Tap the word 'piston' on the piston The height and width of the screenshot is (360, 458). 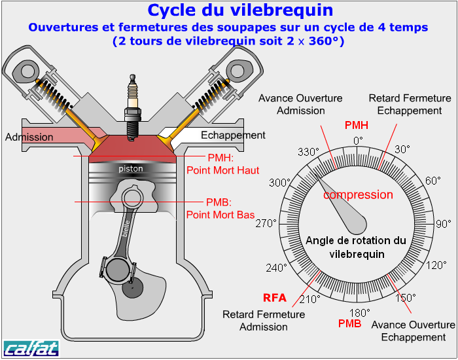[131, 169]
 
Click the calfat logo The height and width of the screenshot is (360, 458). [31, 348]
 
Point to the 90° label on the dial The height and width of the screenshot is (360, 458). [443, 224]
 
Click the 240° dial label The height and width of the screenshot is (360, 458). [277, 267]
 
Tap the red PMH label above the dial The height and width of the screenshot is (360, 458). [356, 126]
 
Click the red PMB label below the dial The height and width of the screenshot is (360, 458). [349, 323]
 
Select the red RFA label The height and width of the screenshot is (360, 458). [275, 298]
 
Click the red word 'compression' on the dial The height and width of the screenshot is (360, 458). [358, 194]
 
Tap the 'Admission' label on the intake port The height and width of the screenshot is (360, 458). [29, 137]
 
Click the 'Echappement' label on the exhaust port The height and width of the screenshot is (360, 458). [233, 135]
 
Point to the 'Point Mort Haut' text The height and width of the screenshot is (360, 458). [223, 170]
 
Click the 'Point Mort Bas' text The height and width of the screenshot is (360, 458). [220, 214]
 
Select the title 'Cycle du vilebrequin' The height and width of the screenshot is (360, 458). [240, 10]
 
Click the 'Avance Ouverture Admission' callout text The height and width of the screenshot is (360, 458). [300, 105]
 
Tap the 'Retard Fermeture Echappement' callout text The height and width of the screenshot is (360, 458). [410, 105]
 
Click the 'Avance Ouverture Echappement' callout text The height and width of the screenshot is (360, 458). [413, 331]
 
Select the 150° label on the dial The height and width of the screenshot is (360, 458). [406, 297]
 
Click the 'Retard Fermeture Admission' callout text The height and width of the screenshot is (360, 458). [264, 321]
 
